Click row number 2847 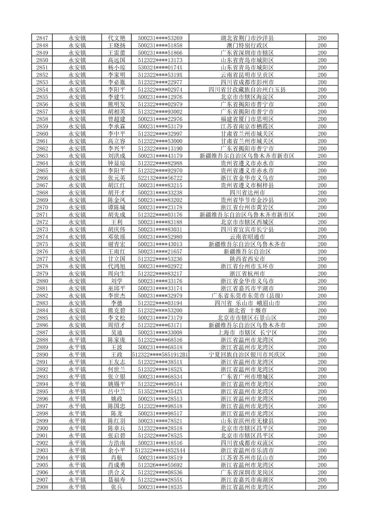click(42, 38)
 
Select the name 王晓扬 click(116, 45)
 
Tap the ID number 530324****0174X click(160, 68)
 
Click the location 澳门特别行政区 click(247, 45)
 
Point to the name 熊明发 click(116, 104)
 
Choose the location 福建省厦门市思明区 click(247, 119)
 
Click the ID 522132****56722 click(160, 178)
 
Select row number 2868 click(42, 193)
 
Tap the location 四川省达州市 click(247, 193)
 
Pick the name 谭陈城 click(116, 207)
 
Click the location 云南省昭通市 click(247, 237)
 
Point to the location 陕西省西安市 click(247, 259)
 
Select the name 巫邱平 click(116, 288)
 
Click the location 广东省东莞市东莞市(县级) click(247, 296)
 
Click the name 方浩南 click(116, 443)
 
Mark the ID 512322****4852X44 click(160, 450)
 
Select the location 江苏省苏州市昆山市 click(247, 458)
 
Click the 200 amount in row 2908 click(322, 487)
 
